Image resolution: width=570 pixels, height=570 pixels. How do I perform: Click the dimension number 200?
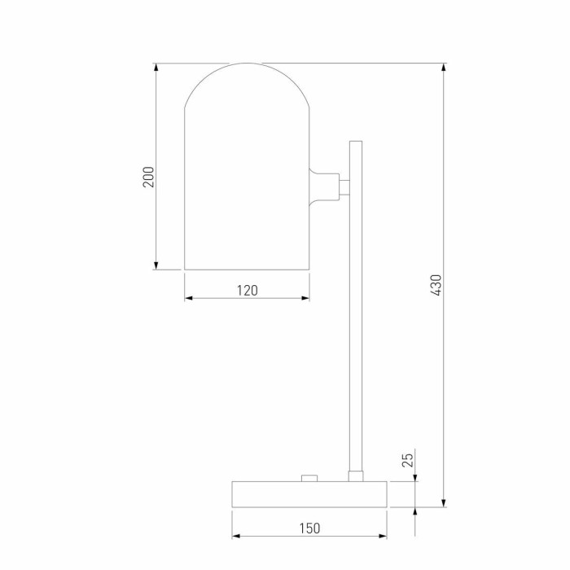click(148, 177)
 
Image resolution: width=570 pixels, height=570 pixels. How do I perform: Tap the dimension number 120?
click(248, 291)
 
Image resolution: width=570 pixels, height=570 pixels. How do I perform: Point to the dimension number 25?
click(408, 460)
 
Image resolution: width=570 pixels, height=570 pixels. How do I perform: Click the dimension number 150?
click(309, 528)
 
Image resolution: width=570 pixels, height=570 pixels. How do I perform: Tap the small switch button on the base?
click(309, 478)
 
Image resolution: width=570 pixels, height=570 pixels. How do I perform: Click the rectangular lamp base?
click(309, 494)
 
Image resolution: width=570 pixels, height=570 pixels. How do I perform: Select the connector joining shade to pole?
click(329, 186)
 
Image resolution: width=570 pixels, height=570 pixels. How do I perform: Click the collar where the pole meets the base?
click(356, 476)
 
